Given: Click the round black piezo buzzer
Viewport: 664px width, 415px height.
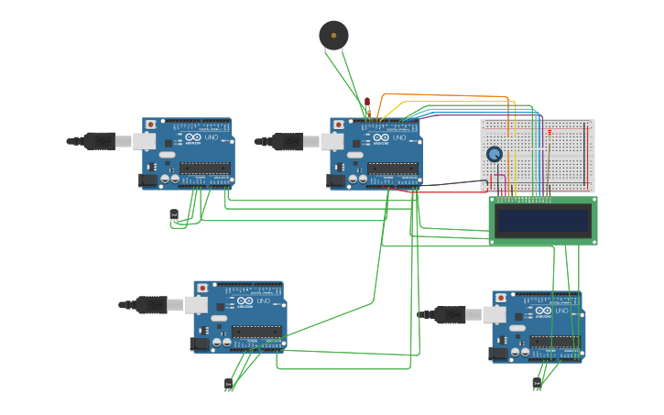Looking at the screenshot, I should [333, 35].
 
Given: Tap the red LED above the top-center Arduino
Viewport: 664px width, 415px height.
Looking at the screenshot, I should [367, 102].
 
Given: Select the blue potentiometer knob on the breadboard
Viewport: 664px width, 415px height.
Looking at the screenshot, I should [495, 154].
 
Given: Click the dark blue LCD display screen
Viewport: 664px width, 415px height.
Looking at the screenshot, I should [542, 221].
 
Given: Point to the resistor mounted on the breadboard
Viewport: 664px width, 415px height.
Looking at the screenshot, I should [550, 134].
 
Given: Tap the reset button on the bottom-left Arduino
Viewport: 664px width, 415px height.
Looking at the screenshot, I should [202, 287].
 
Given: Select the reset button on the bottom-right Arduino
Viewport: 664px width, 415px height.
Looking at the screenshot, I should [501, 297].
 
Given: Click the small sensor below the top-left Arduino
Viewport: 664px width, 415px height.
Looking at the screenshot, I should [174, 215].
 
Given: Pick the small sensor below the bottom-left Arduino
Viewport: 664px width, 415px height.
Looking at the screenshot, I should [228, 383].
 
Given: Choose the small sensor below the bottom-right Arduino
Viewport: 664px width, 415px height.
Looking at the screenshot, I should [537, 383].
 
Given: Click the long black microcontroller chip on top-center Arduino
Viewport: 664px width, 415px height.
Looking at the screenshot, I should [392, 169].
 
